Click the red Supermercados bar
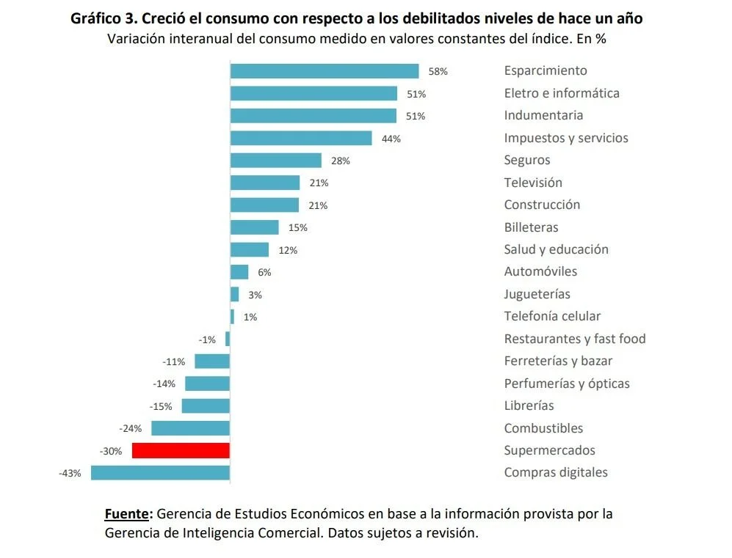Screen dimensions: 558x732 click(181, 450)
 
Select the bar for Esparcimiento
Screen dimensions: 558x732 click(324, 71)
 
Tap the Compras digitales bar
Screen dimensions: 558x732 click(160, 473)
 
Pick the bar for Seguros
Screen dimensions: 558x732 click(275, 161)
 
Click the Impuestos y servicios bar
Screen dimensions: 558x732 click(301, 138)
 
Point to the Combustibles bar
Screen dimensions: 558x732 click(190, 428)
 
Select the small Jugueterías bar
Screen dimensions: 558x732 click(234, 294)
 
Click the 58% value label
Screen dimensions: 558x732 click(438, 72)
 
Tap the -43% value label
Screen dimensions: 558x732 click(70, 474)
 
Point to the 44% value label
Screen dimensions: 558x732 click(391, 139)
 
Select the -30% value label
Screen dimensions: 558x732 click(111, 451)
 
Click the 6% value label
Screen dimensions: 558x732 click(264, 273)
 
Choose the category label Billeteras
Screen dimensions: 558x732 click(531, 227)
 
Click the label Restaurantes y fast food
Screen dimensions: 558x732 click(574, 339)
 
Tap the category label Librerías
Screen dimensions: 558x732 click(529, 405)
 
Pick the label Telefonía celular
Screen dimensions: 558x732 click(552, 316)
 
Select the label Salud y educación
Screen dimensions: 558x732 click(556, 249)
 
